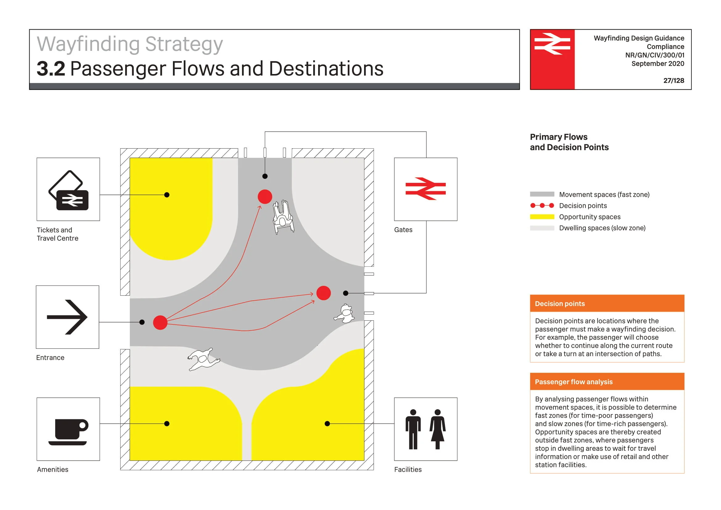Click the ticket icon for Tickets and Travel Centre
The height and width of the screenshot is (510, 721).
pyautogui.click(x=68, y=191)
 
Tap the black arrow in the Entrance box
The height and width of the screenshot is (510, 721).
pyautogui.click(x=67, y=317)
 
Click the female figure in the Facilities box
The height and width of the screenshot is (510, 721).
pyautogui.click(x=437, y=429)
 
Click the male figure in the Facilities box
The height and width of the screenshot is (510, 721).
pyautogui.click(x=413, y=429)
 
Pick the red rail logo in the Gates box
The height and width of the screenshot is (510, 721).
pyautogui.click(x=425, y=189)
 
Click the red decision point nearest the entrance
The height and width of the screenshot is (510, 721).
pyautogui.click(x=160, y=323)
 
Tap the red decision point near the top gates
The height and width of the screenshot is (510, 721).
pyautogui.click(x=265, y=197)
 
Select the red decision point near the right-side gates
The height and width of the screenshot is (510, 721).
pyautogui.click(x=323, y=293)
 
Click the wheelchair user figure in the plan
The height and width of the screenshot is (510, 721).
pyautogui.click(x=283, y=217)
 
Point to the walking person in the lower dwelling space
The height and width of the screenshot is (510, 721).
pyautogui.click(x=203, y=359)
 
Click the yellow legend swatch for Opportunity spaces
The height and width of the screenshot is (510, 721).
pyautogui.click(x=542, y=217)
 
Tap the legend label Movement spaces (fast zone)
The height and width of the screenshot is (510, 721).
pyautogui.click(x=604, y=194)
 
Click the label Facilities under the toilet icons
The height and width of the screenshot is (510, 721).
pyautogui.click(x=408, y=469)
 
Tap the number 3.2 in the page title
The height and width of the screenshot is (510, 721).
pyautogui.click(x=51, y=68)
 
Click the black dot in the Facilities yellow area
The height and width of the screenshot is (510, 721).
pyautogui.click(x=327, y=424)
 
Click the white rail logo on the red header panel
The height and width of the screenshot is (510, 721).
pyautogui.click(x=552, y=44)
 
